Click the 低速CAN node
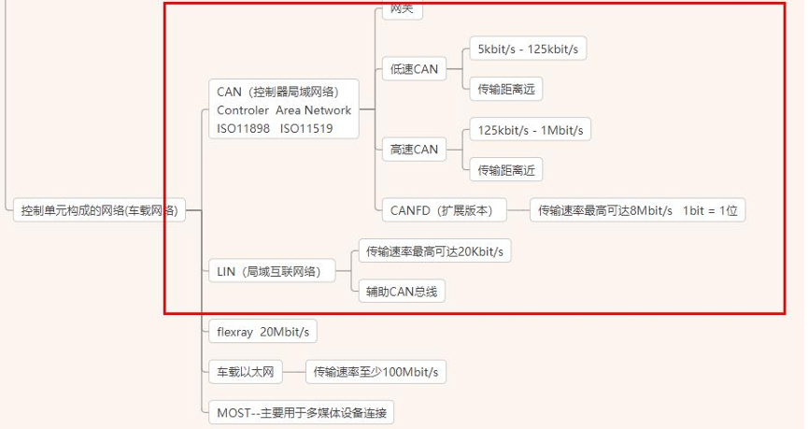[414, 68]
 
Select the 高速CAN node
[414, 150]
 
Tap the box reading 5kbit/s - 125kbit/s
[528, 49]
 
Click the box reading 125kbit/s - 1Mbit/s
[531, 129]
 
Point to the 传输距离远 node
[505, 89]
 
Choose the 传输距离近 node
[505, 170]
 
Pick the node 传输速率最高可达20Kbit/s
[434, 251]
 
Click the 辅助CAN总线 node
[402, 291]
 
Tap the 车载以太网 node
[245, 372]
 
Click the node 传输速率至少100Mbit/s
[376, 372]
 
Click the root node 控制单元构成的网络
[99, 210]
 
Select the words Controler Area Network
[284, 110]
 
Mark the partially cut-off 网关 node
[402, 9]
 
